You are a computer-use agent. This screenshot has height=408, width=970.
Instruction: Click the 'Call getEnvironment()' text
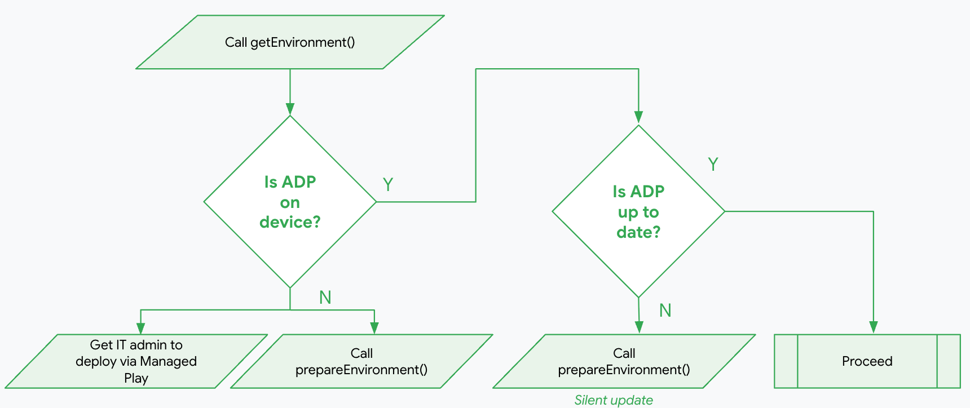290,42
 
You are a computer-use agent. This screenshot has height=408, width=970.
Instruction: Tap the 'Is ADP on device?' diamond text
290,202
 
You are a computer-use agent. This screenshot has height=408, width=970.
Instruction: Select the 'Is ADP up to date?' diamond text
638,211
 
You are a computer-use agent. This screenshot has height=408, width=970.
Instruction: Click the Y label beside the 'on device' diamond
388,184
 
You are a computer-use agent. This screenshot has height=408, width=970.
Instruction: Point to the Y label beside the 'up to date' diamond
713,165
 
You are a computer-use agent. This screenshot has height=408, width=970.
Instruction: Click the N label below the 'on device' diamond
325,298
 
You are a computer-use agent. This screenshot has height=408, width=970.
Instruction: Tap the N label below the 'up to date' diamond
665,311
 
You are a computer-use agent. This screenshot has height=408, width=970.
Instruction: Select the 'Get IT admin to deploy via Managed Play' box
136,361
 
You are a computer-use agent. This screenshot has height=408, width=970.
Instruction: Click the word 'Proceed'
867,361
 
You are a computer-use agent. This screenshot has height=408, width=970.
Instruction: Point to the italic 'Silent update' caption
614,400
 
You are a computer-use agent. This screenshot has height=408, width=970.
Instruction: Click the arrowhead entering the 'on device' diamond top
290,109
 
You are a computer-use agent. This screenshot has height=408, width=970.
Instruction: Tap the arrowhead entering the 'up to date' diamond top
638,117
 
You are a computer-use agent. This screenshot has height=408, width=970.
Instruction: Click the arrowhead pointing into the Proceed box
874,327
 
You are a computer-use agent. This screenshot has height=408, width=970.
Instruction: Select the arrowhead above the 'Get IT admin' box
141,328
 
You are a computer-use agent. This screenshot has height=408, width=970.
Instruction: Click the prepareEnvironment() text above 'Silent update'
624,370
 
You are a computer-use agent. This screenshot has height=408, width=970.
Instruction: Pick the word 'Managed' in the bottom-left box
168,361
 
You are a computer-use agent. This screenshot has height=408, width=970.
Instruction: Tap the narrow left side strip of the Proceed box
786,361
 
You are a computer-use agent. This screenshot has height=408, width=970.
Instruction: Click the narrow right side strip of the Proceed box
949,361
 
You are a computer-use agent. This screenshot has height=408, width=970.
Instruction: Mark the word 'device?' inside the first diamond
290,222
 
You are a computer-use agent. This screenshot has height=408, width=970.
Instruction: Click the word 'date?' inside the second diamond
638,232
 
